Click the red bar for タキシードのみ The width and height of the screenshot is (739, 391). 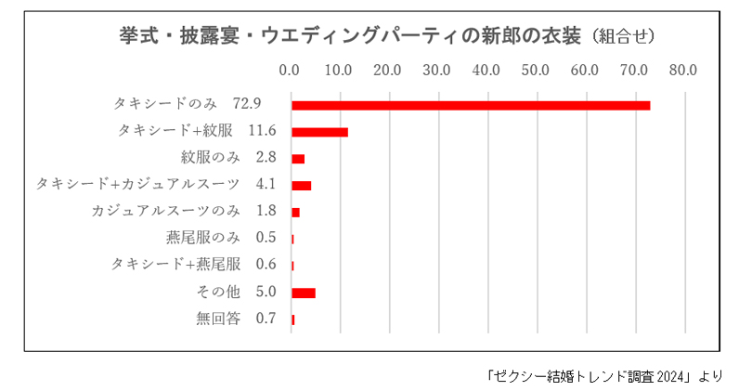[470, 105]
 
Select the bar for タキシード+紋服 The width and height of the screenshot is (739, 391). [319, 132]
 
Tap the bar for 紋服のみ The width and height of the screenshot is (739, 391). [298, 159]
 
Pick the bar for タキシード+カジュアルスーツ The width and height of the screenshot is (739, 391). [301, 186]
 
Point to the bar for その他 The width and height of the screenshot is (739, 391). [304, 293]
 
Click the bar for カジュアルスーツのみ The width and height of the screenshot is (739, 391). [295, 213]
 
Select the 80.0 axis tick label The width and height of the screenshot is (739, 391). [684, 69]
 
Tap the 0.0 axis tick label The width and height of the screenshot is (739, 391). [290, 69]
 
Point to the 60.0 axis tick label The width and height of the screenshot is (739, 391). [585, 69]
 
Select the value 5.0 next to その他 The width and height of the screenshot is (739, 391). [266, 292]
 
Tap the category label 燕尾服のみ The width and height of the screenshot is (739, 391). [202, 238]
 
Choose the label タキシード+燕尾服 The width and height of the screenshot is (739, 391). [175, 265]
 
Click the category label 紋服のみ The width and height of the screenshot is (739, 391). [210, 157]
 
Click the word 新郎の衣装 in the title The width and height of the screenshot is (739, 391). [523, 34]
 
